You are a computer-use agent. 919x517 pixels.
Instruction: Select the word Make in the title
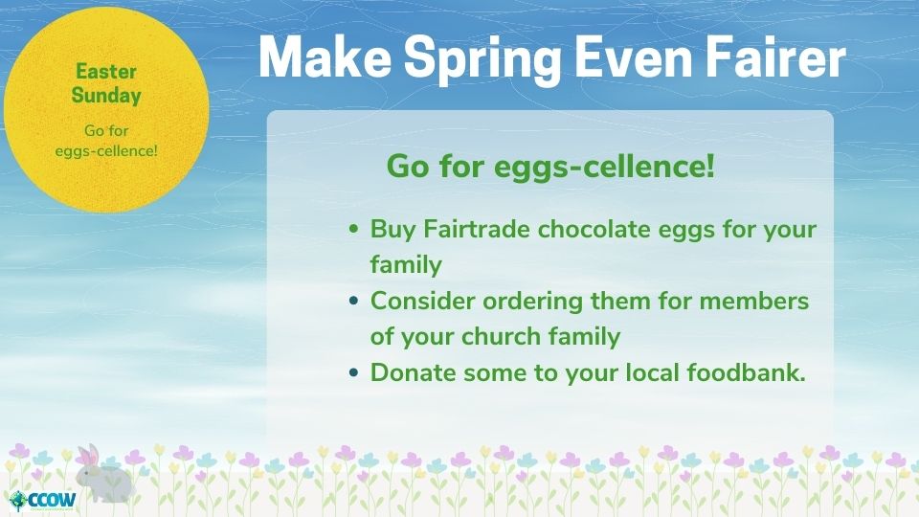(325, 56)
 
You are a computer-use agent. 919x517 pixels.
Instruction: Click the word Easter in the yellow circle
(106, 72)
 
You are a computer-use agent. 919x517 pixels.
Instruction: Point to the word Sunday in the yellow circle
(106, 96)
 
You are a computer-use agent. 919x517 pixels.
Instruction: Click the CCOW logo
(43, 501)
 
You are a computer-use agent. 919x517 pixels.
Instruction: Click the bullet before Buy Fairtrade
(353, 229)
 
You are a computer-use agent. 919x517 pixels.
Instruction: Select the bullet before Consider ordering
(353, 301)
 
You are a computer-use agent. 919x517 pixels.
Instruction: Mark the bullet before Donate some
(353, 372)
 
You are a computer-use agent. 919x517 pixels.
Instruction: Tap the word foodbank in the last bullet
(746, 372)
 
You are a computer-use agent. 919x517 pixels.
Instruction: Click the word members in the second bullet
(754, 301)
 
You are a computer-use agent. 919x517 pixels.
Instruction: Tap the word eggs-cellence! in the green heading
(605, 167)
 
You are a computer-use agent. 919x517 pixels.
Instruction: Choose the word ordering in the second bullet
(533, 303)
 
